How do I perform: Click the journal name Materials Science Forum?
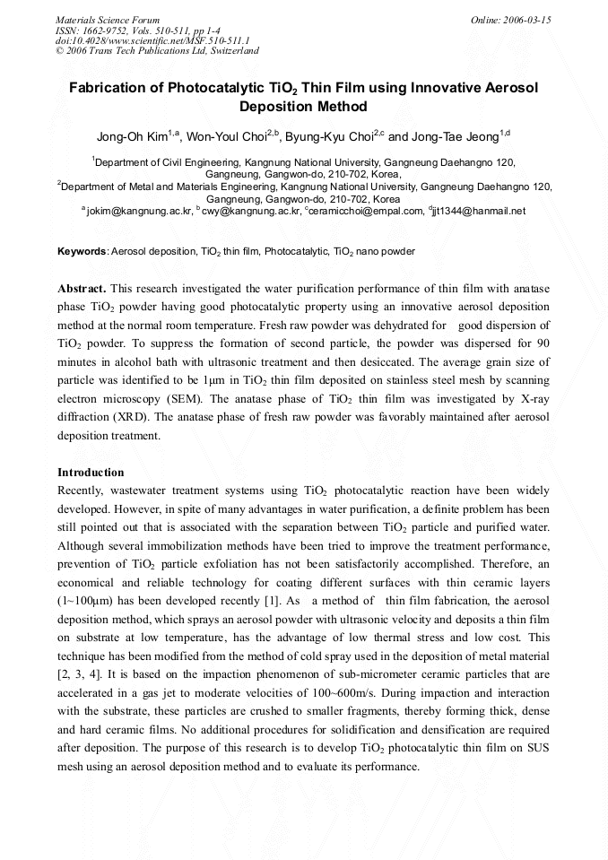click(108, 20)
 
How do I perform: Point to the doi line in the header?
click(152, 40)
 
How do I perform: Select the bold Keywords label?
click(82, 252)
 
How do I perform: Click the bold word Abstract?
click(82, 289)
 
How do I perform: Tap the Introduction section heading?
click(91, 473)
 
